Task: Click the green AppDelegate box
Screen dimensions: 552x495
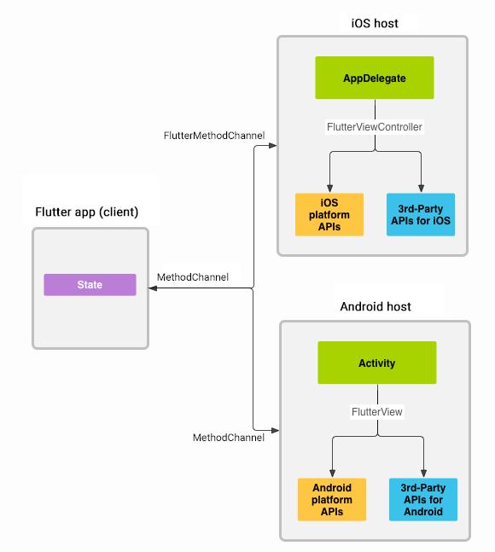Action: point(375,78)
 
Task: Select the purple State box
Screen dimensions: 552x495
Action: point(90,285)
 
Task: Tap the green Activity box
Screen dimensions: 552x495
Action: point(376,363)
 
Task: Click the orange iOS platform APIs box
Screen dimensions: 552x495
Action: point(329,214)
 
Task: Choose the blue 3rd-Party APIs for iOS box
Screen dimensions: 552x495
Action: point(420,214)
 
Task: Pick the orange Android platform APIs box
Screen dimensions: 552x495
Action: point(332,499)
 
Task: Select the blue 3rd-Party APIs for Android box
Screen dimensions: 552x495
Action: point(422,499)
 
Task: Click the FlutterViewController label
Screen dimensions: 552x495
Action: point(375,127)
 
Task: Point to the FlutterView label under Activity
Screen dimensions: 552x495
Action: point(376,412)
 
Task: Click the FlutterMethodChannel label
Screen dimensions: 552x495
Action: point(214,136)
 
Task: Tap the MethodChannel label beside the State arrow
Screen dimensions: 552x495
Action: point(193,277)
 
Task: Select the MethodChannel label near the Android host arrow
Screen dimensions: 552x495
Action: point(228,438)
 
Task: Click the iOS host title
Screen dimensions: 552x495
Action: point(374,23)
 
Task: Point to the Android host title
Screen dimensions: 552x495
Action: point(376,306)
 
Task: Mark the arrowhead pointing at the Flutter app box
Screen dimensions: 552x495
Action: point(153,289)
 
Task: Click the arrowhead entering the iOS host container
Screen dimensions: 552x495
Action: point(273,146)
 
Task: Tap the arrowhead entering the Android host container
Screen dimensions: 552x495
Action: point(275,429)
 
